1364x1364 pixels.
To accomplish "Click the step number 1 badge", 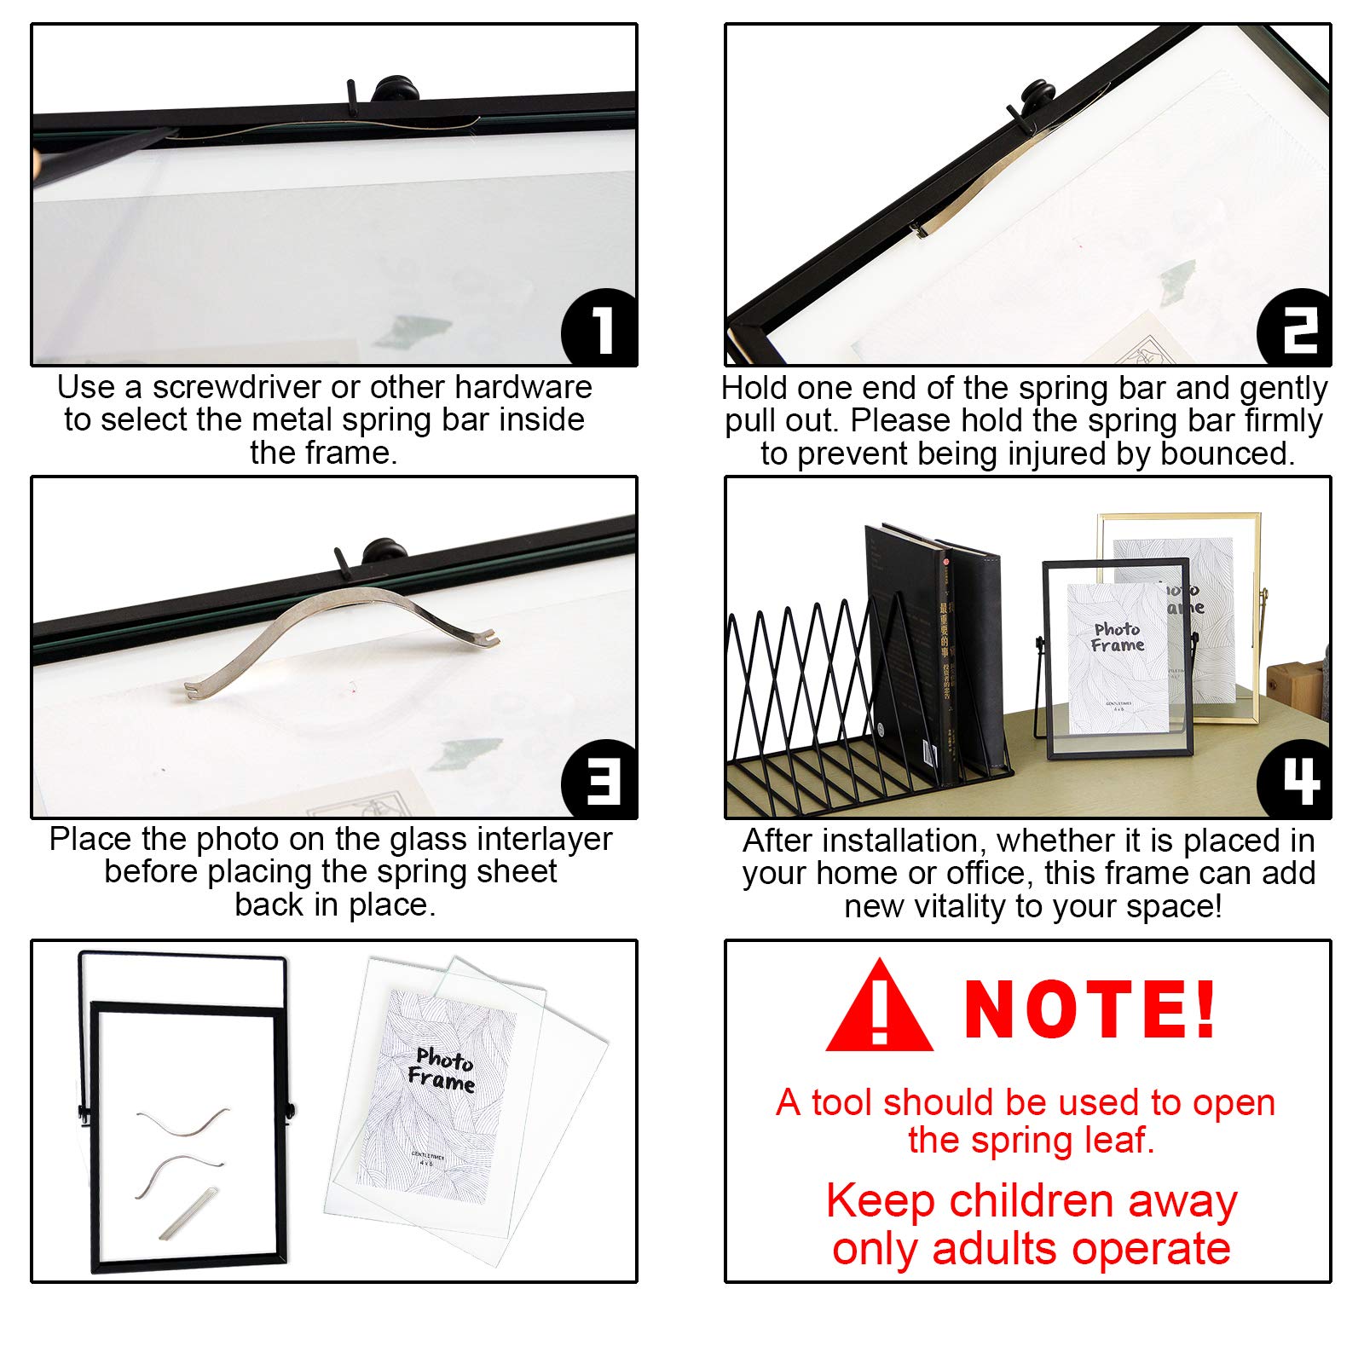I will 600,328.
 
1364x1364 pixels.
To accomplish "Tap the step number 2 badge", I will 1296,328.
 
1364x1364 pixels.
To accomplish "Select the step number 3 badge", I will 600,780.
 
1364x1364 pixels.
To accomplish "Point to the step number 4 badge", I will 1296,780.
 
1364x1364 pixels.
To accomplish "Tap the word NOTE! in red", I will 1089,1010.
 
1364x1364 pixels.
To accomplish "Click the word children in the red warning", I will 1031,1201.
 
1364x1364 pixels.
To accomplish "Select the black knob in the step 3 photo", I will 381,550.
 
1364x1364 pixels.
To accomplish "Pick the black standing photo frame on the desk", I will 1117,656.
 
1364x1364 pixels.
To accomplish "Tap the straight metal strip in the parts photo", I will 188,1213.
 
